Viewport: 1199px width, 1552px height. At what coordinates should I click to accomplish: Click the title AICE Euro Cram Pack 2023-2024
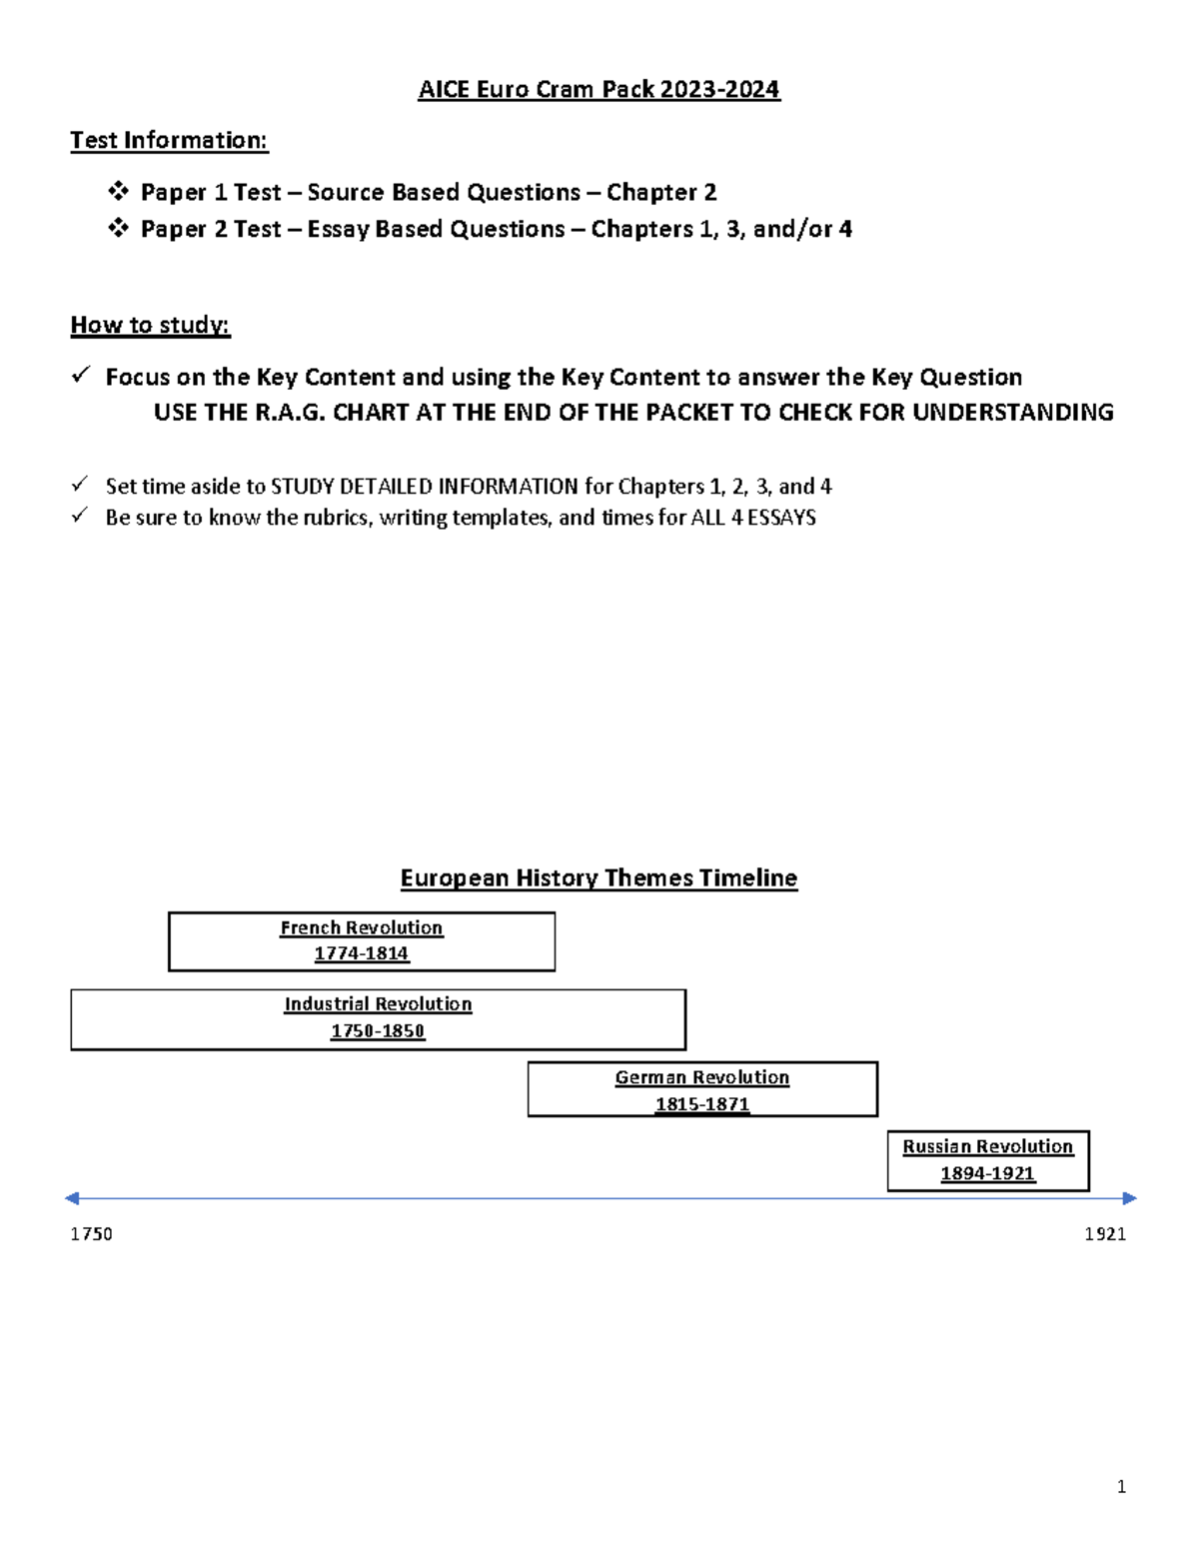pos(599,90)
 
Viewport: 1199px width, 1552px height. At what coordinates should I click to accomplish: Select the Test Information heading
pos(169,141)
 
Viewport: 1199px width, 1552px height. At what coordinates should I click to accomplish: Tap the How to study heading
pos(150,325)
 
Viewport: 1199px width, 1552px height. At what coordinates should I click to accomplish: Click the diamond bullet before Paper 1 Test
pos(118,191)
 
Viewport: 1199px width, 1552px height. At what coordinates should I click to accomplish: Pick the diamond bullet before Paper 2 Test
pos(118,228)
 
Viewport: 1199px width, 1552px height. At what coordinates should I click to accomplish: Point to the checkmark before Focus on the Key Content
pos(81,376)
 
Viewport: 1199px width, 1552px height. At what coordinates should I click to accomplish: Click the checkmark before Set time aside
pos(80,485)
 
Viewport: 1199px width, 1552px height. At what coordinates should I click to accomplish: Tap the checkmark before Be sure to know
pos(80,516)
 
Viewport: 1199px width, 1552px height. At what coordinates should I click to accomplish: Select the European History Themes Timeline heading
pos(599,878)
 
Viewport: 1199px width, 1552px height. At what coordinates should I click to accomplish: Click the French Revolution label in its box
pos(361,928)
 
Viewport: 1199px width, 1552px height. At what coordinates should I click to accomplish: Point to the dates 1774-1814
pos(361,954)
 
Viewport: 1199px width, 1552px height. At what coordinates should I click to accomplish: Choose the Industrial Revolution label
pos(378,1004)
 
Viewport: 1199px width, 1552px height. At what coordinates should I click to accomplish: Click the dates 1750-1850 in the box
pos(378,1031)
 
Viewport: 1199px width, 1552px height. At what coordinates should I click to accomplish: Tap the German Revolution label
pos(701,1077)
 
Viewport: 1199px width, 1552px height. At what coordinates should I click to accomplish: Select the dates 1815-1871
pos(701,1104)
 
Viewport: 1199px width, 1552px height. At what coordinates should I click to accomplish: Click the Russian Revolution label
pos(987,1147)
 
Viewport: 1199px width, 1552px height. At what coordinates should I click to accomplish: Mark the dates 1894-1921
pos(987,1174)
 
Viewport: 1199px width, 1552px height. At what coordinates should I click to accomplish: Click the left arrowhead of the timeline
pos(72,1198)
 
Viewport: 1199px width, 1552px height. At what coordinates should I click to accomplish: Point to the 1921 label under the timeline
pos(1105,1234)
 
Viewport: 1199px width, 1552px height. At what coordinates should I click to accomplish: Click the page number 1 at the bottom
pos(1121,1487)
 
